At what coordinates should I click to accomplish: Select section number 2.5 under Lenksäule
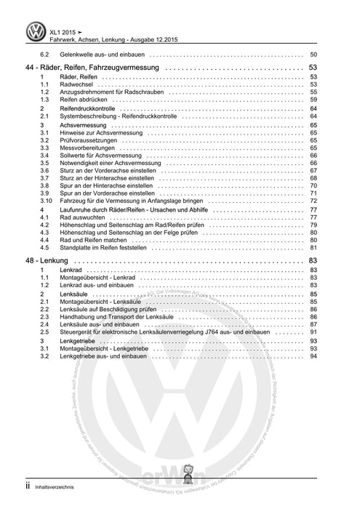click(x=45, y=326)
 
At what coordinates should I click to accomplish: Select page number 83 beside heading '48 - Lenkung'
click(x=312, y=260)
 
